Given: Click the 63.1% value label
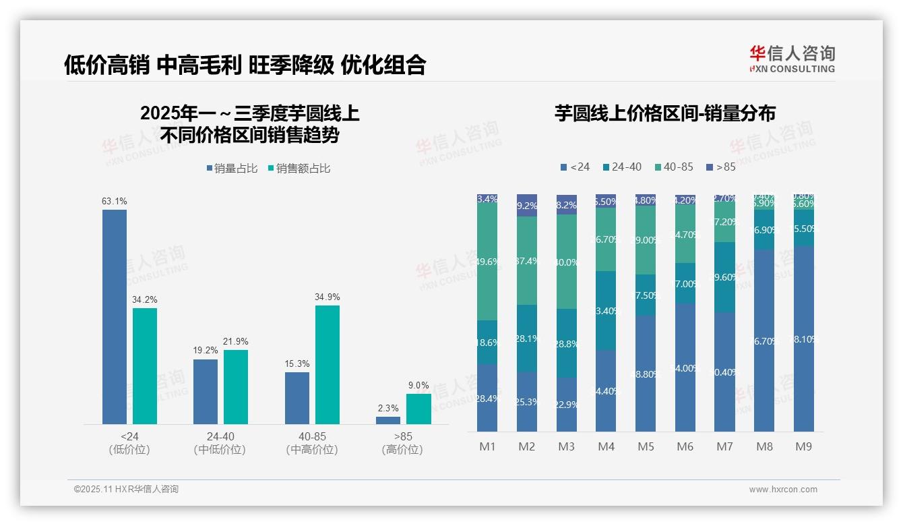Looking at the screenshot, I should click(x=115, y=201).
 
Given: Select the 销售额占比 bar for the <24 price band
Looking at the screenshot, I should click(x=145, y=366).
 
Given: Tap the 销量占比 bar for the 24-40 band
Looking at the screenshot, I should click(x=206, y=392).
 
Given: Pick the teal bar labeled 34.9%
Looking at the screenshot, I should click(x=328, y=365).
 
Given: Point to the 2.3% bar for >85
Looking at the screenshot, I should click(x=388, y=421).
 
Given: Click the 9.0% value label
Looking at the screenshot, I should click(x=418, y=385).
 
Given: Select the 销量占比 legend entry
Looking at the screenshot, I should click(x=232, y=169).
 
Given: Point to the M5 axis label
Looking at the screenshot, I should click(x=646, y=446).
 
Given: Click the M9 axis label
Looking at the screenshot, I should click(x=803, y=446).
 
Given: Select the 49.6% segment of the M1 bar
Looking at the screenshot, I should click(x=487, y=262).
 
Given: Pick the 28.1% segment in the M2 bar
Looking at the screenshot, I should click(x=527, y=339).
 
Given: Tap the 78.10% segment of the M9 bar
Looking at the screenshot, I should click(x=804, y=339).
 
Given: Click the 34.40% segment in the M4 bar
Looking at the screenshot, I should click(x=606, y=390).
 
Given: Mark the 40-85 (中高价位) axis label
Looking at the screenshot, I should click(x=312, y=443).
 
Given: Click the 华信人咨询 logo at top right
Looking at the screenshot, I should click(x=792, y=59).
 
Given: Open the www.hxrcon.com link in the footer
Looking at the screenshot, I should click(x=783, y=490).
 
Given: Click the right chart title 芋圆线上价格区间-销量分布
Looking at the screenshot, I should click(x=664, y=113).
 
